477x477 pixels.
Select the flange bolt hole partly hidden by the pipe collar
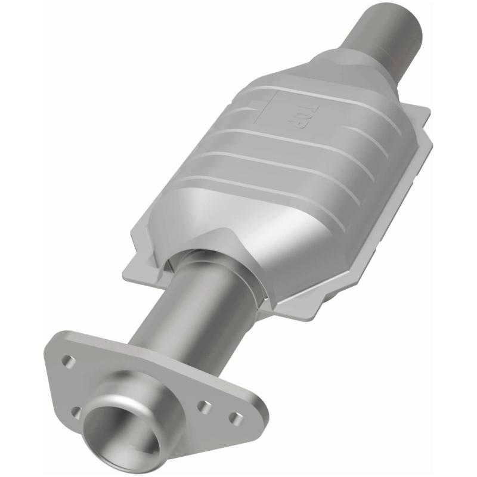coord(76,411)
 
